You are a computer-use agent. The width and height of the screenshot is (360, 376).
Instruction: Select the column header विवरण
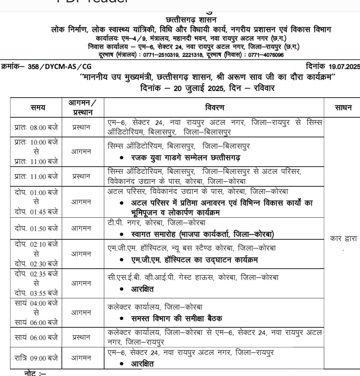(215, 107)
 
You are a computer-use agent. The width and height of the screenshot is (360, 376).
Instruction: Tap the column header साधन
(343, 107)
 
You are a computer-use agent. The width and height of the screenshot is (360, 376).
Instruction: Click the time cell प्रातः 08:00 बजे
(36, 127)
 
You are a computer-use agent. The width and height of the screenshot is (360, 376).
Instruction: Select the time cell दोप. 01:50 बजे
(36, 228)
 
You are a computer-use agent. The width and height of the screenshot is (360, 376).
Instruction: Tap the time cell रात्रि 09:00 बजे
(36, 358)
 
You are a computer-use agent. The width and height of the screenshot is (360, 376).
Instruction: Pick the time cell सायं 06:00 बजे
(36, 337)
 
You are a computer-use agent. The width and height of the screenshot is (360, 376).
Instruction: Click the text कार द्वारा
(343, 239)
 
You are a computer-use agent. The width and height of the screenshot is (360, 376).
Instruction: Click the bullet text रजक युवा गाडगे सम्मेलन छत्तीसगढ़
(186, 157)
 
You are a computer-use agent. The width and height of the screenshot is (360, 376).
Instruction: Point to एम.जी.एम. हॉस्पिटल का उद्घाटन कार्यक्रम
(194, 260)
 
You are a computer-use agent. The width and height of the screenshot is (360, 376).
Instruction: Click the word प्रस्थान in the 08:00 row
(81, 127)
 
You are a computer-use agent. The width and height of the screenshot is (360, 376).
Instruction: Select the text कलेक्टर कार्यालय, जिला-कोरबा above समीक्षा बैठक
(155, 307)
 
